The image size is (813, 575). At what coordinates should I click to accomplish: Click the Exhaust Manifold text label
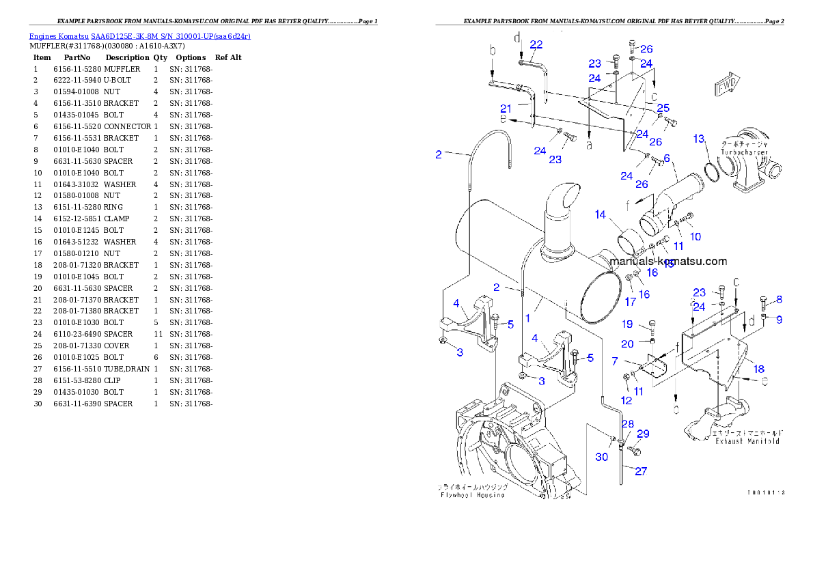747,441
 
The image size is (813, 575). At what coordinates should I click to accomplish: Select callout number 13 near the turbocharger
698,139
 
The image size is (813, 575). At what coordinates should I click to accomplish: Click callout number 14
600,214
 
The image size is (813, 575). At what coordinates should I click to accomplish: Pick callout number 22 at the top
536,44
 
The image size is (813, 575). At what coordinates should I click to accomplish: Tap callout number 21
506,109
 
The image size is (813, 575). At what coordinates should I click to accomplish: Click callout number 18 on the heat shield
758,369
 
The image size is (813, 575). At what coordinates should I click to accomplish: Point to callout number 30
601,457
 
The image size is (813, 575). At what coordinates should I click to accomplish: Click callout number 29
643,434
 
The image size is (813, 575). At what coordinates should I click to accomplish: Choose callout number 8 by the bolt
779,299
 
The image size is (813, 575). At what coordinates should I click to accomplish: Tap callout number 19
627,324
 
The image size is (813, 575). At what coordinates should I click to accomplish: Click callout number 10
695,237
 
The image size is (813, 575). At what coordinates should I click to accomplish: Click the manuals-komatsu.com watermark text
668,261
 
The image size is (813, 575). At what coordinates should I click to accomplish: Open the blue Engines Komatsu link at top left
139,36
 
